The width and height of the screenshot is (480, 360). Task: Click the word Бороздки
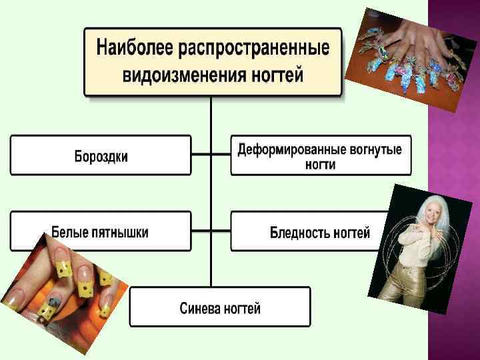click(x=101, y=157)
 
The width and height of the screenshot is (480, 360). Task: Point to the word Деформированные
click(x=290, y=149)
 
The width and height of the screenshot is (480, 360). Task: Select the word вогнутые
click(x=374, y=149)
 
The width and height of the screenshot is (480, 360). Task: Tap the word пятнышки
click(x=121, y=233)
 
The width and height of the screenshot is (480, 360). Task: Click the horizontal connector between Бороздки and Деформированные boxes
click(x=211, y=155)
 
